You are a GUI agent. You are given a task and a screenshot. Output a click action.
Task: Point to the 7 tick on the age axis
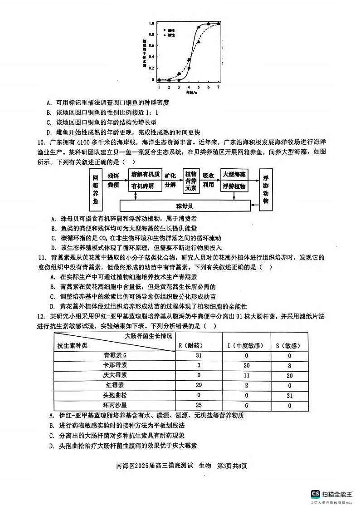pyautogui.click(x=219, y=86)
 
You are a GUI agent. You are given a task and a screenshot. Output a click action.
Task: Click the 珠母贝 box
pyautogui.click(x=186, y=206)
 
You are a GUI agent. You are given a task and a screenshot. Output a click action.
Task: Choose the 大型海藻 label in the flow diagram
pyautogui.click(x=234, y=174)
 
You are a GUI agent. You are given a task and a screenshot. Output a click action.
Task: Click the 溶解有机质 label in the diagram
pyautogui.click(x=145, y=174)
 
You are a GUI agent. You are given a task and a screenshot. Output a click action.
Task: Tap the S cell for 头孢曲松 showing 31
pyautogui.click(x=290, y=395)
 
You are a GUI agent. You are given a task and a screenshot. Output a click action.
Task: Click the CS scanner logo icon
pyautogui.click(x=315, y=494)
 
